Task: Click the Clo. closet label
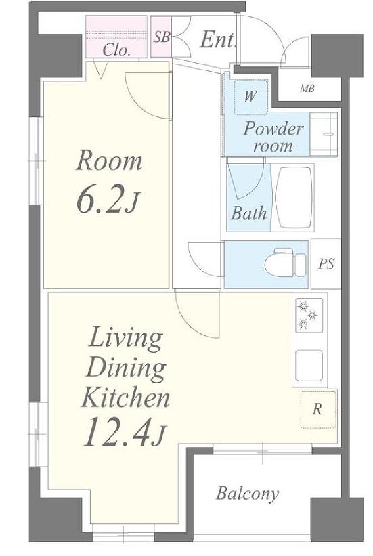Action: click(x=116, y=50)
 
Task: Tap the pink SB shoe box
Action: click(x=160, y=37)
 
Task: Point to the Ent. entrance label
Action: click(x=218, y=39)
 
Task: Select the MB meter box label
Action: click(x=307, y=88)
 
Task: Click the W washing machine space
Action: click(x=250, y=97)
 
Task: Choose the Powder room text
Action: click(x=273, y=137)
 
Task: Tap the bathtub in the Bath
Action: click(x=294, y=197)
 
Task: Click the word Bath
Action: click(x=248, y=213)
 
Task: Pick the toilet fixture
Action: click(x=285, y=263)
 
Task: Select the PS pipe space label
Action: click(x=326, y=263)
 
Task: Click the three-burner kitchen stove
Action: click(x=309, y=315)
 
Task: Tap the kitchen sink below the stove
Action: click(x=309, y=366)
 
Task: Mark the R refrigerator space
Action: click(x=318, y=410)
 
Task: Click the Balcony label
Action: click(x=248, y=494)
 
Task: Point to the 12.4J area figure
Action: click(x=125, y=431)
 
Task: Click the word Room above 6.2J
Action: click(x=109, y=161)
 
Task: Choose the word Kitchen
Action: click(x=125, y=398)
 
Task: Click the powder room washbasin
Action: click(x=324, y=134)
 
